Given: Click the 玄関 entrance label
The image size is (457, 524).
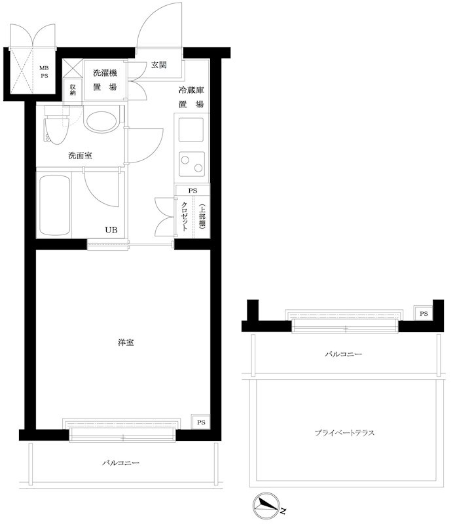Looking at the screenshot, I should point(158,65).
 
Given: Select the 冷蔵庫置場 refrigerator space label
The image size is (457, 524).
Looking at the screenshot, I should point(191,97).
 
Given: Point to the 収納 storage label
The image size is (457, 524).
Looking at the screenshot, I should point(72,89).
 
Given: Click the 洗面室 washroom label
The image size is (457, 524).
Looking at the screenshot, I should point(80,156).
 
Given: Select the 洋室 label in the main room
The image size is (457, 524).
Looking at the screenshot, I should point(126,343).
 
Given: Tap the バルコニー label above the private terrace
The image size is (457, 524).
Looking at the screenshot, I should point(343,354).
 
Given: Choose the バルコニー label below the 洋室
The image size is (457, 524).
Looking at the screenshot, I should point(120,462).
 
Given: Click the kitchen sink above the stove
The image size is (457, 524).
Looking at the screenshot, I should point(191,128).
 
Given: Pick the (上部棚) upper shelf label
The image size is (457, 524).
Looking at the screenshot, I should point(202,215).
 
